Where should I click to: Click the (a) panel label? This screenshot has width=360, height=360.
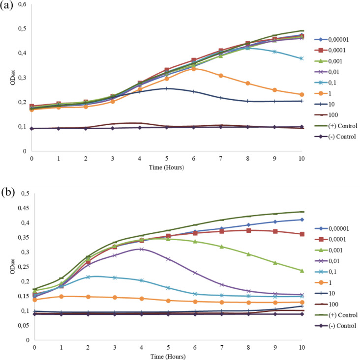click(6, 8)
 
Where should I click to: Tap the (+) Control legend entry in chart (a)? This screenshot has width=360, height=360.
click(337, 125)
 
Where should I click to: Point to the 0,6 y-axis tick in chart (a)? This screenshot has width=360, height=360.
click(22, 4)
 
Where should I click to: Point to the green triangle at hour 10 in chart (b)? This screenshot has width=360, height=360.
click(301, 271)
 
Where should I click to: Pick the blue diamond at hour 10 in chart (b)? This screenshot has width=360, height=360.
click(301, 220)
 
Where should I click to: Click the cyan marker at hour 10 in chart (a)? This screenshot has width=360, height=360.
click(301, 58)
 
